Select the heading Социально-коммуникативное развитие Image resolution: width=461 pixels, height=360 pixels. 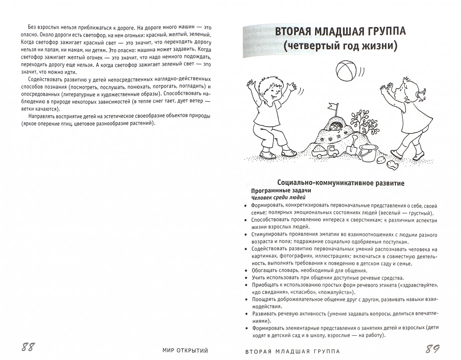point(341,183)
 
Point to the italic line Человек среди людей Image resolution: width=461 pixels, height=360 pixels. point(278,198)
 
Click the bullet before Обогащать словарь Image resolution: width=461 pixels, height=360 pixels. point(246,271)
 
